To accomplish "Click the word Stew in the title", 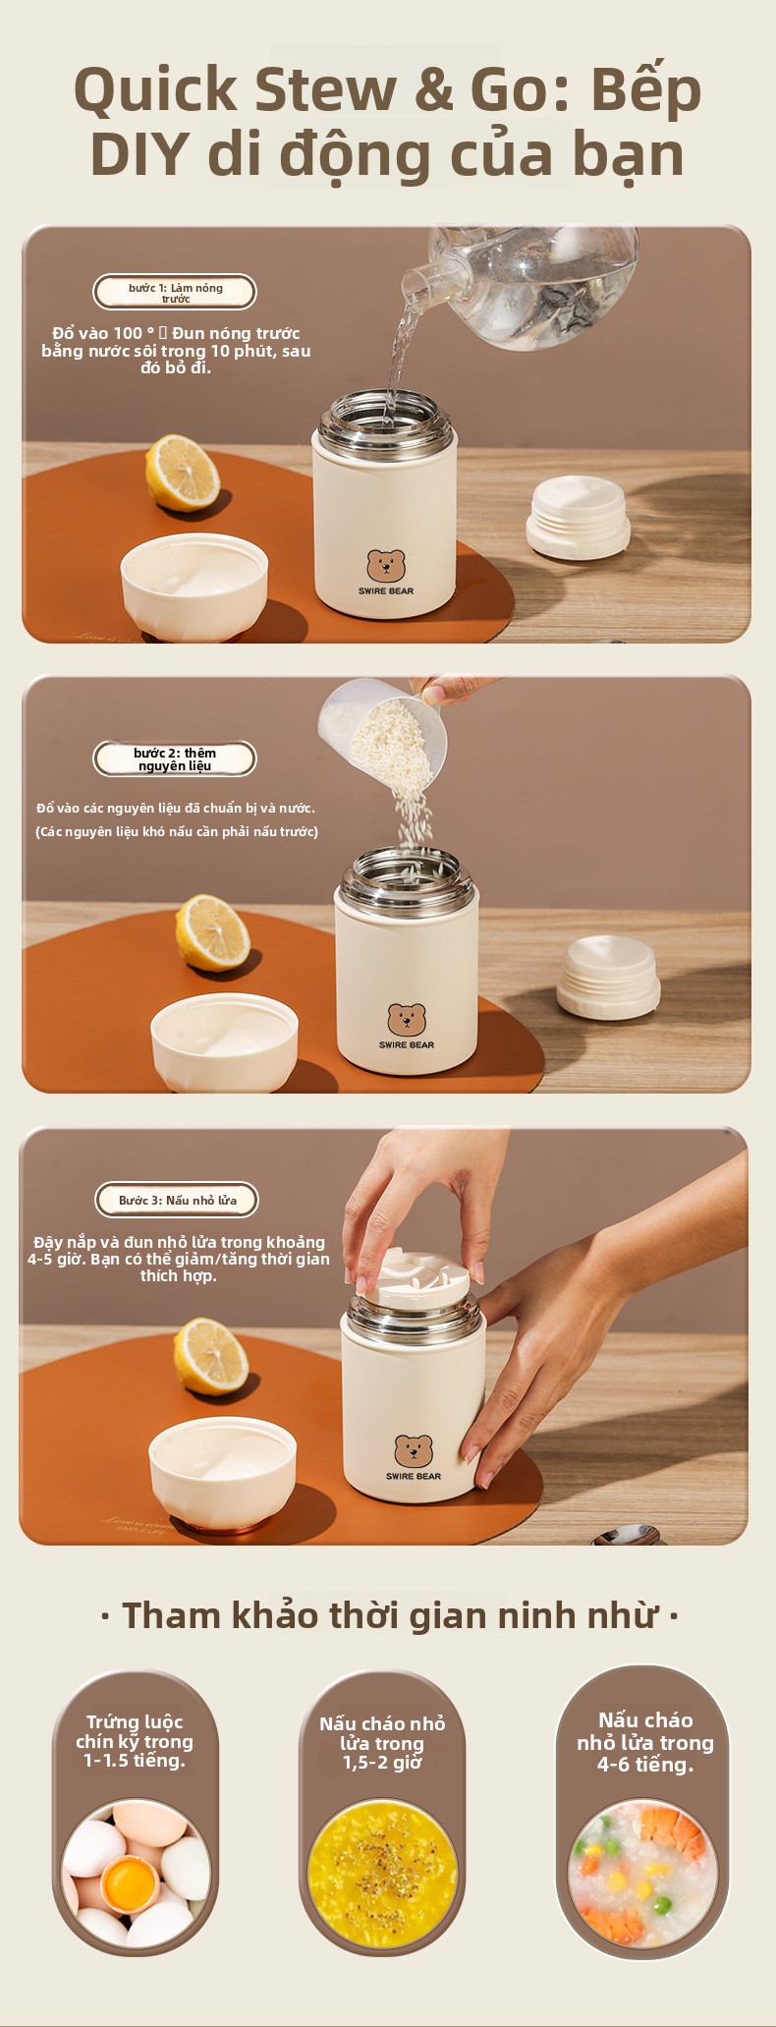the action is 326,89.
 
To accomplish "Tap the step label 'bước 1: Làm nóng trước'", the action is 175,292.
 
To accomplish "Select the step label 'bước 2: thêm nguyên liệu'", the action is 175,759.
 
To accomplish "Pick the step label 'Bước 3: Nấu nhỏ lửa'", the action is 177,1200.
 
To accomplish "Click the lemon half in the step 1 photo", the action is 182,473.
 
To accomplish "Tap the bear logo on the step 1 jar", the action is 386,565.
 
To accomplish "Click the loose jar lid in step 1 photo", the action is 578,517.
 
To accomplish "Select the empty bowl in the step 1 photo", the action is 194,587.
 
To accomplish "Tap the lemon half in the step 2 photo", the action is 212,932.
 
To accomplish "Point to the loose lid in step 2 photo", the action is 608,977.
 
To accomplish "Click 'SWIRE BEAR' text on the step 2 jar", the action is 407,1044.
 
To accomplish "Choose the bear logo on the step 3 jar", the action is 414,1450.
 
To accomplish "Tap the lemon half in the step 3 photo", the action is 210,1357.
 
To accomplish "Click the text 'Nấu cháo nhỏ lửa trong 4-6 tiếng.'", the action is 645,1742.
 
